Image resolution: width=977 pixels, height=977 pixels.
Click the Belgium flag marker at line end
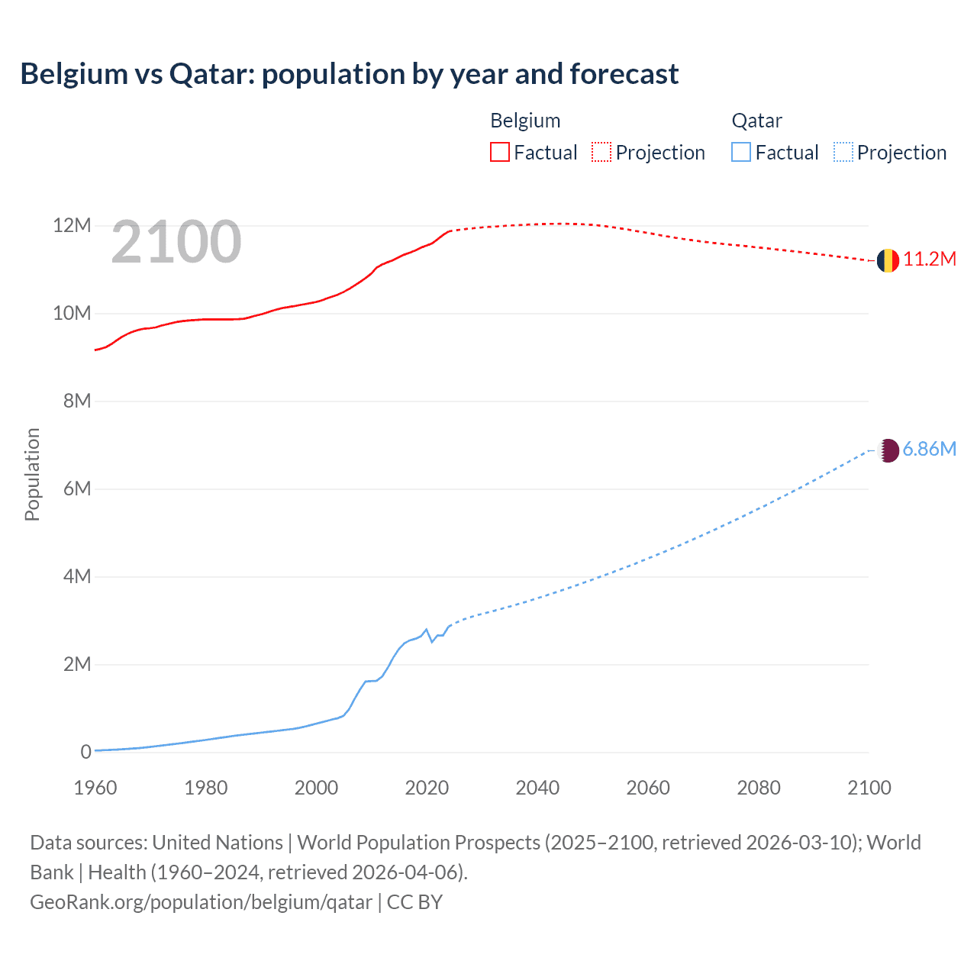point(888,260)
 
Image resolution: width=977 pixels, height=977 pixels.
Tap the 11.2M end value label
point(930,260)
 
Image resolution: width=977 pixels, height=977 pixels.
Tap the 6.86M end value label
point(929,450)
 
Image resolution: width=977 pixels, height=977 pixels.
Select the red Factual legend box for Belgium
point(500,152)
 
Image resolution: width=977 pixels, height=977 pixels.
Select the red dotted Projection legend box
point(601,152)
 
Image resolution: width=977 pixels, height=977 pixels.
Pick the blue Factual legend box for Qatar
point(741,152)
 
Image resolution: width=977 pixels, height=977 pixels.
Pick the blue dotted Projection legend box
point(843,152)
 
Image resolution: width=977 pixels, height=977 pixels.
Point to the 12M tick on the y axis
point(72,226)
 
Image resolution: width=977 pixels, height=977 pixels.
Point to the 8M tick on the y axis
point(77,401)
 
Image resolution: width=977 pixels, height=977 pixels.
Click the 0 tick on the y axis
point(85,753)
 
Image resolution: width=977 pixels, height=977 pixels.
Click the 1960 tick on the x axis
point(95,788)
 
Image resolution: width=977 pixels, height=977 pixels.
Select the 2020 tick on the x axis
point(427,788)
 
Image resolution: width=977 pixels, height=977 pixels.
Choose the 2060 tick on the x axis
point(648,788)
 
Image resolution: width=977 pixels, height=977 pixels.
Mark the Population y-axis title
point(32,475)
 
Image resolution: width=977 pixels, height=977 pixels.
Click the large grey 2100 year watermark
point(176,243)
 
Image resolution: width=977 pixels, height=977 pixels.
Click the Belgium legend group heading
point(525,121)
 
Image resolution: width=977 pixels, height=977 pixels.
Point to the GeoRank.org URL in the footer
point(201,902)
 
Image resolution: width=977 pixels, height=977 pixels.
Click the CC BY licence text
point(414,902)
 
